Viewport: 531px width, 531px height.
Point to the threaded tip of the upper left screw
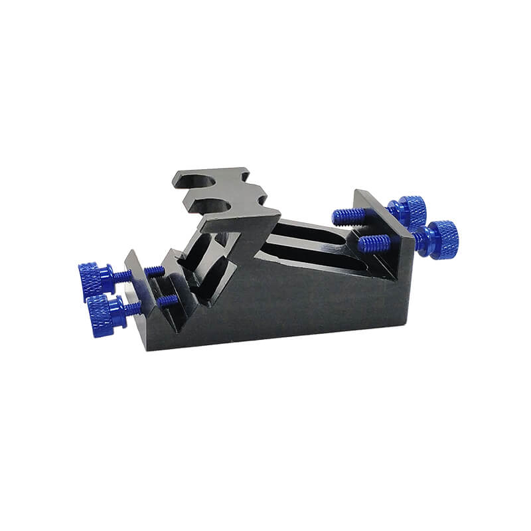[x=155, y=271]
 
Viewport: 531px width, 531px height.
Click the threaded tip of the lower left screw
[x=167, y=301]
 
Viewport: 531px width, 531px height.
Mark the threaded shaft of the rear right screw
[x=348, y=216]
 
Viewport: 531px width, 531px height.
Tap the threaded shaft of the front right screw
[x=374, y=244]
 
